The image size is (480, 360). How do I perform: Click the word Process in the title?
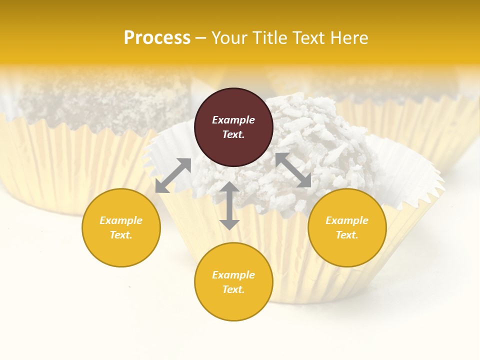(x=157, y=38)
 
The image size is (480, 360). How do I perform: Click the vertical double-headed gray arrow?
(x=229, y=205)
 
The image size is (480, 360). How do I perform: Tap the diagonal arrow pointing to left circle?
(x=173, y=175)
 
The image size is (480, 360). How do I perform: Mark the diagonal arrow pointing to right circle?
(x=293, y=170)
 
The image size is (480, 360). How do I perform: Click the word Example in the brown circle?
(x=233, y=120)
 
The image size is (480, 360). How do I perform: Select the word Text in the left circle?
(x=121, y=235)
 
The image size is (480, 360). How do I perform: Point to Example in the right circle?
(x=347, y=220)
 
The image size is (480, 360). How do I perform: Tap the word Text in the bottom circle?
(x=233, y=289)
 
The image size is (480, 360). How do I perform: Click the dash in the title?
(x=200, y=38)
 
